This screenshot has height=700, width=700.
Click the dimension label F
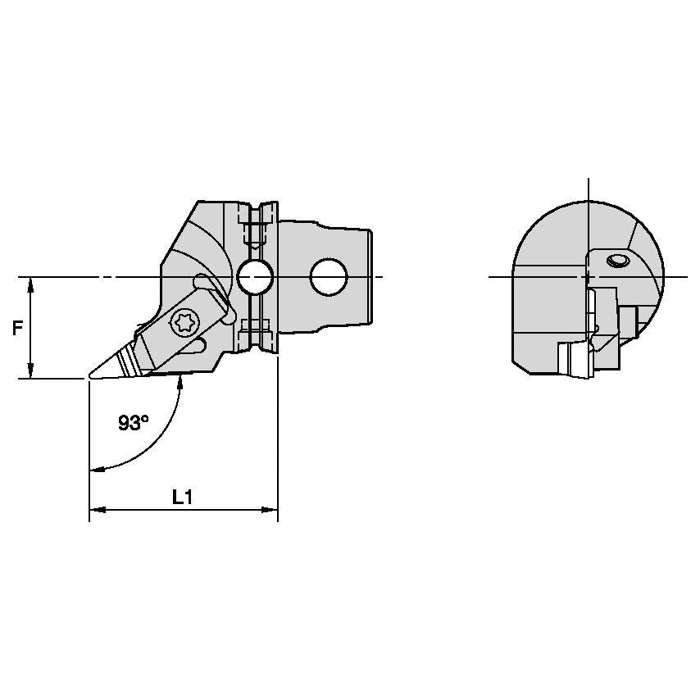coord(17,329)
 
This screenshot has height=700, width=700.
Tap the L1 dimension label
coord(183,497)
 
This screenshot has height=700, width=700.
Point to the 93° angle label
coord(133,422)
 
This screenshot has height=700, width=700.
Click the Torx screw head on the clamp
coord(185,322)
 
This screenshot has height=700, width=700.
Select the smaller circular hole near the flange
coord(254,277)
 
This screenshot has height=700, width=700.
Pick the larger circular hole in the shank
coord(329,277)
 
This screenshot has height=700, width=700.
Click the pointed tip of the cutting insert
coord(90,376)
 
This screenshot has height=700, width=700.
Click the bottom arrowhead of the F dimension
coord(30,371)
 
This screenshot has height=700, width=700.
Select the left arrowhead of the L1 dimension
coord(98,510)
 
